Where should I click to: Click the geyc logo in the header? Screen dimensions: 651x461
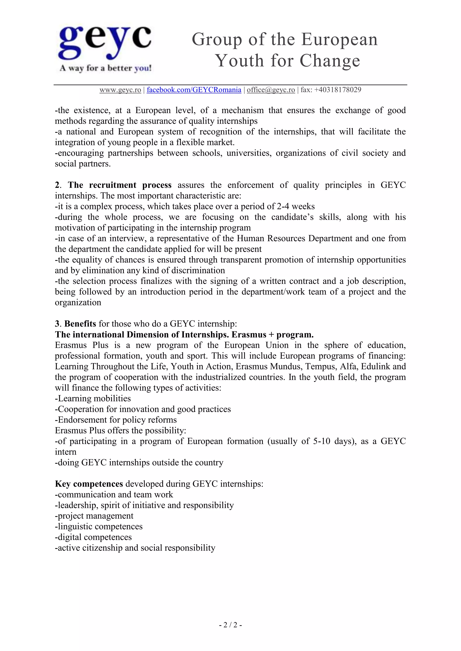pos(105,42)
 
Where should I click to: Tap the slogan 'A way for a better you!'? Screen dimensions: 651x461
pos(105,68)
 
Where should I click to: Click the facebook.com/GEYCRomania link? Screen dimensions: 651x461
pos(194,90)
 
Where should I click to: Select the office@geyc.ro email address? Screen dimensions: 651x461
pos(271,90)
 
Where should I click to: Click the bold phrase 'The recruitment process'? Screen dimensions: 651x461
pos(120,185)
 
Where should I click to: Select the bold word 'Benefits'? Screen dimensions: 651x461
pos(80,324)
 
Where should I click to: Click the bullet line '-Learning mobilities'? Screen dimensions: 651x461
pos(93,399)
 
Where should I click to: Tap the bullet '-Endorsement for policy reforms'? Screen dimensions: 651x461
pos(116,420)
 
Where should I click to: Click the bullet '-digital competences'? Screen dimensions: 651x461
pos(93,537)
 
